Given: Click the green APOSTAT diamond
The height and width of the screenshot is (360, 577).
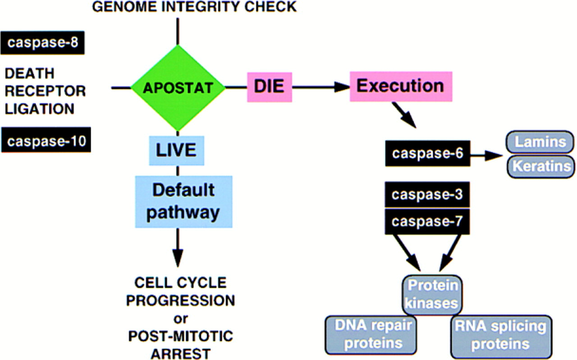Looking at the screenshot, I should (x=178, y=88).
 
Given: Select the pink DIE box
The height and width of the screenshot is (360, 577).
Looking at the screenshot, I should (x=269, y=86).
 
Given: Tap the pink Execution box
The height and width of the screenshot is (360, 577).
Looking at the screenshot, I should (x=401, y=86).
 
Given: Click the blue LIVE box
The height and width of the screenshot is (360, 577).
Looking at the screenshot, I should (x=176, y=150).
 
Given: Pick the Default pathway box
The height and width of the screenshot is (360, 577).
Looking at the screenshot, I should (x=183, y=201).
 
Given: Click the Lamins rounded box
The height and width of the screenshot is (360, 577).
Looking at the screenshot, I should (x=540, y=143).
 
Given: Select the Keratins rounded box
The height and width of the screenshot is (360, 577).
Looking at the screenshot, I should (x=540, y=166).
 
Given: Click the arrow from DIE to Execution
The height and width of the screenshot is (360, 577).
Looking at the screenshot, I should (x=321, y=88).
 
